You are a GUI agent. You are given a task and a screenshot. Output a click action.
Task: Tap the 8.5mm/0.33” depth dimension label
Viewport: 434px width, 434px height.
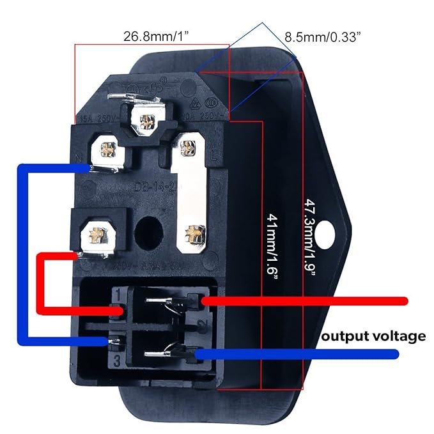point(323,36)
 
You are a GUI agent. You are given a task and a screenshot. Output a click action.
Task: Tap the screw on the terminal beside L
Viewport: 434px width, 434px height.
point(187,148)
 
